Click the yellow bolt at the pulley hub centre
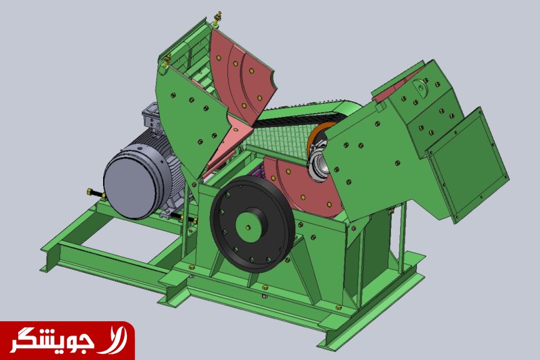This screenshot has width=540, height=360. pos(248,227)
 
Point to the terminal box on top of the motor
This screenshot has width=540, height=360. pos(151,118)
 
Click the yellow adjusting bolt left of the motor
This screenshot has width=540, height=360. pos(96,193)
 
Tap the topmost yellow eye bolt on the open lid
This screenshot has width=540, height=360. pos(217,18)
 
